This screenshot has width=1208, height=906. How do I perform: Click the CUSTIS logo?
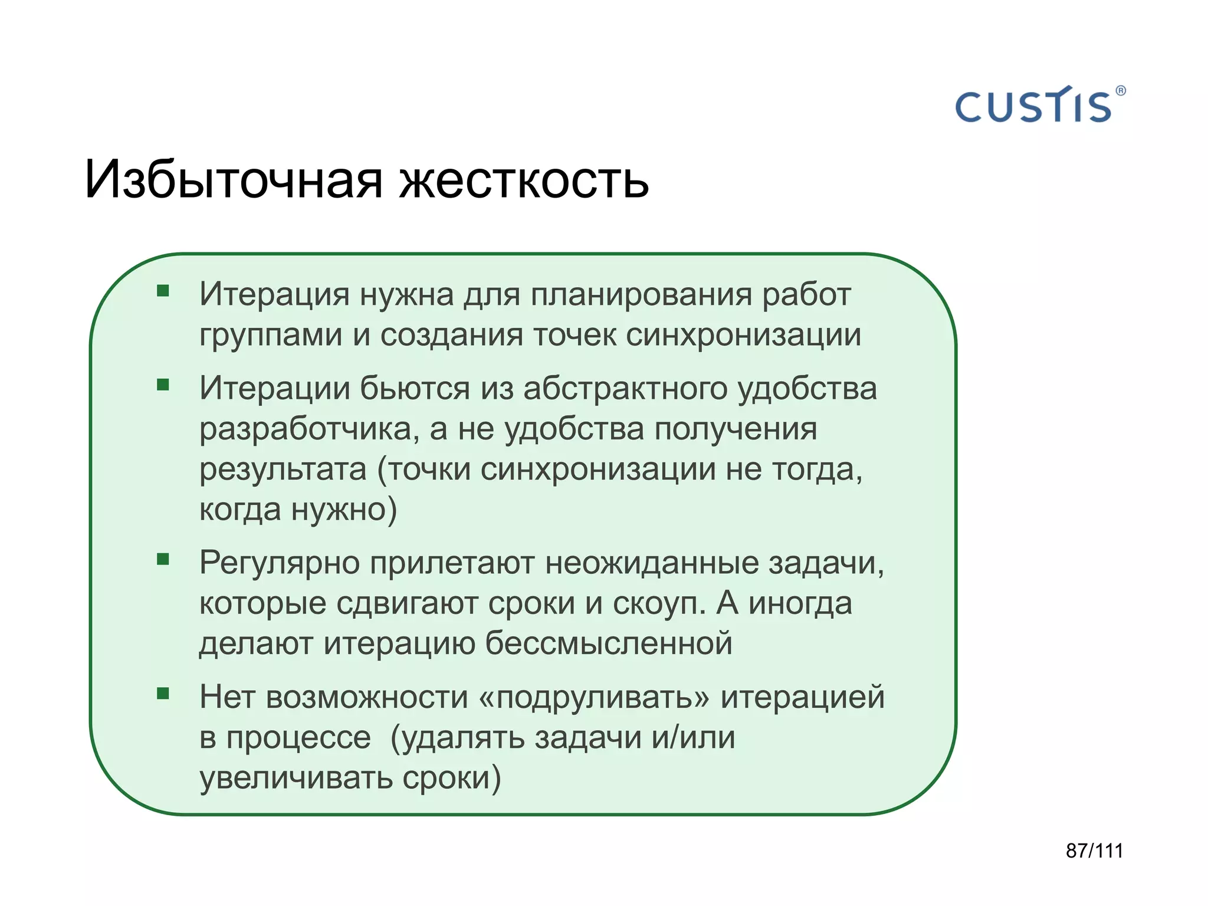(x=1033, y=107)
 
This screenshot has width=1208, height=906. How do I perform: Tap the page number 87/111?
(x=1094, y=851)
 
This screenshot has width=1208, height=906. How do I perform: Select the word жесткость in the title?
(x=524, y=179)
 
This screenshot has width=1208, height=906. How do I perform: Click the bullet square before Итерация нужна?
(x=163, y=291)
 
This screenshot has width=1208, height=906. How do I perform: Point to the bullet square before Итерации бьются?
(x=163, y=385)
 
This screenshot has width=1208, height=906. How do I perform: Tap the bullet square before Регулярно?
(x=163, y=559)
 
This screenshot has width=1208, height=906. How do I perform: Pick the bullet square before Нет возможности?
(x=163, y=694)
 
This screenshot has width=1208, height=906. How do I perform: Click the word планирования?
(x=641, y=295)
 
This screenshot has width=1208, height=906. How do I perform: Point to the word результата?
(x=283, y=470)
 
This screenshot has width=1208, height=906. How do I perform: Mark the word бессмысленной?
(x=608, y=643)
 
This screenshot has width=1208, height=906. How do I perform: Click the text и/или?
(x=694, y=737)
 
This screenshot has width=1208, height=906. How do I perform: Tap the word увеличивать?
(x=296, y=779)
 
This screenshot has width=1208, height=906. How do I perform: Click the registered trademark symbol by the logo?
(x=1121, y=91)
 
